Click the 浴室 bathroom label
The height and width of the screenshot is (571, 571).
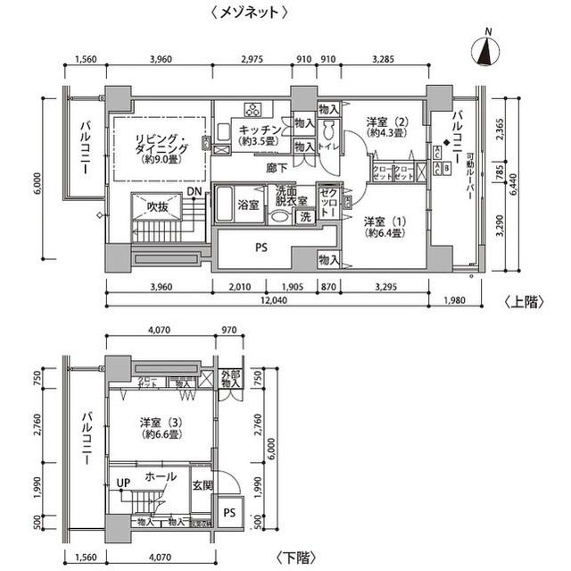click(x=247, y=206)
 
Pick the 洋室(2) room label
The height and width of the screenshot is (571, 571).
click(x=389, y=128)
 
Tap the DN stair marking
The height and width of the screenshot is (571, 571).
click(x=194, y=191)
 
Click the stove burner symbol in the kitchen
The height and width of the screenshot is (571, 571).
click(x=252, y=111)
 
